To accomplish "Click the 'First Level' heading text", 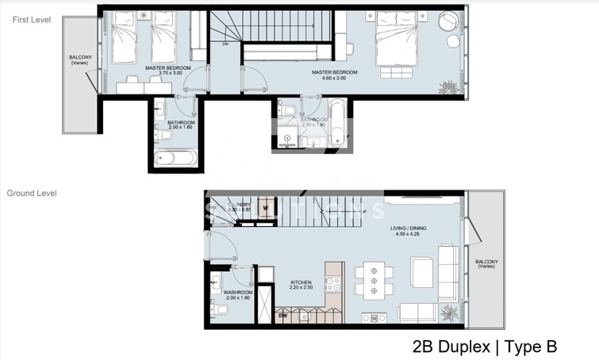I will pos(32,20).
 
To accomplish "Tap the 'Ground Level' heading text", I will pos(32,193).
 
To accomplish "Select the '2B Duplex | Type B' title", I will pos(485,347).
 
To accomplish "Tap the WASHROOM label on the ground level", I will pos(237,295).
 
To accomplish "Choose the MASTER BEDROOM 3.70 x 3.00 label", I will pos(167,71).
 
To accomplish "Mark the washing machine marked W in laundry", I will pos(267,209).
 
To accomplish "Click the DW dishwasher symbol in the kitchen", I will pos(283,316).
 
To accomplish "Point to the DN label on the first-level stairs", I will pos(225,44).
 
